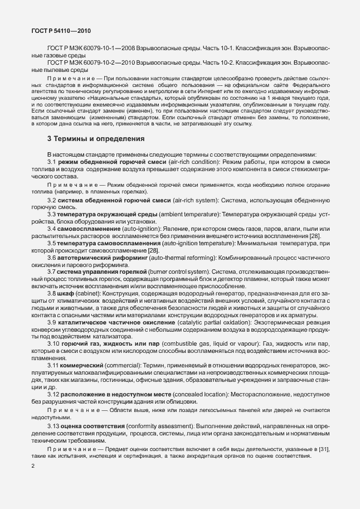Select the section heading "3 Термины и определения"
pos(96,138)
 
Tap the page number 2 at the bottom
pos(33,481)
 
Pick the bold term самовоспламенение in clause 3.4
pos(86,229)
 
